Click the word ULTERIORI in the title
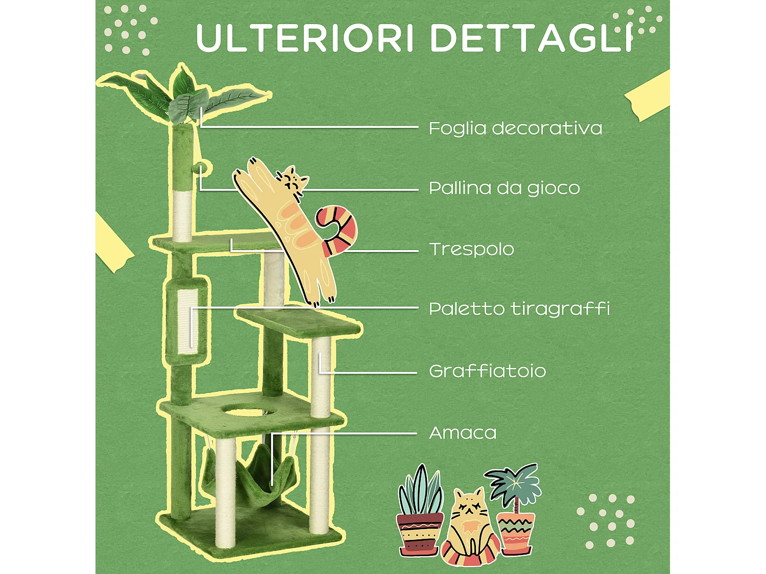pyautogui.click(x=304, y=38)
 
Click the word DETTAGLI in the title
pyautogui.click(x=531, y=38)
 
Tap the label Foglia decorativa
pyautogui.click(x=515, y=128)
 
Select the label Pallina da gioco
pyautogui.click(x=504, y=188)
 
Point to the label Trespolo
pyautogui.click(x=471, y=249)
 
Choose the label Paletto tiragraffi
pyautogui.click(x=519, y=309)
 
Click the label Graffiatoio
pyautogui.click(x=487, y=371)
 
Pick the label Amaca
pyautogui.click(x=463, y=433)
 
